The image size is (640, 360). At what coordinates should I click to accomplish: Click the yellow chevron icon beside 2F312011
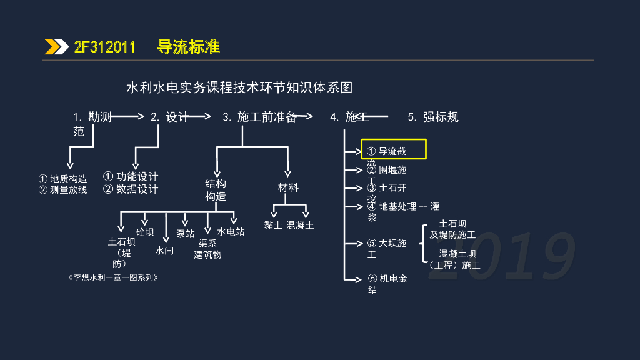tap(57, 47)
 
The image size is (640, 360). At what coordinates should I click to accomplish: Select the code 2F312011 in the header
tap(105, 47)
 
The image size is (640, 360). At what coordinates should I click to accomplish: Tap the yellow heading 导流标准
tap(189, 47)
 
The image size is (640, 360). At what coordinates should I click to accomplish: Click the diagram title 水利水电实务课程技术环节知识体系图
tap(240, 87)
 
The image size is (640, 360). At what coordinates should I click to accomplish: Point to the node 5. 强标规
tap(433, 117)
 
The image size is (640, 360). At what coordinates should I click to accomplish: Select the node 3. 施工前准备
tap(259, 117)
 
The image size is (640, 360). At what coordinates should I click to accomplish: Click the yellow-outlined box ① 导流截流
tap(394, 150)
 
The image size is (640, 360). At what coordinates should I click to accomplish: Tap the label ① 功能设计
tap(131, 177)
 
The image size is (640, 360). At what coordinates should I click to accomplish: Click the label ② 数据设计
tap(131, 189)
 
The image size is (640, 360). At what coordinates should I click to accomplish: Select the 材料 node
tap(288, 187)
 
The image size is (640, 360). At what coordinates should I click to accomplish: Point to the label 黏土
tap(273, 226)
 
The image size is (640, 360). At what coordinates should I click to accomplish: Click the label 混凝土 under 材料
tap(301, 226)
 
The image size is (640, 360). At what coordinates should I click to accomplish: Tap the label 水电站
tap(231, 232)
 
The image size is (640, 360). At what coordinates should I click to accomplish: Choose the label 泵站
tap(185, 234)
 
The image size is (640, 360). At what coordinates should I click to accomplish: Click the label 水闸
tap(164, 251)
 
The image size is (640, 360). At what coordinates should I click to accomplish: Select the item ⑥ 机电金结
tap(387, 284)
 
